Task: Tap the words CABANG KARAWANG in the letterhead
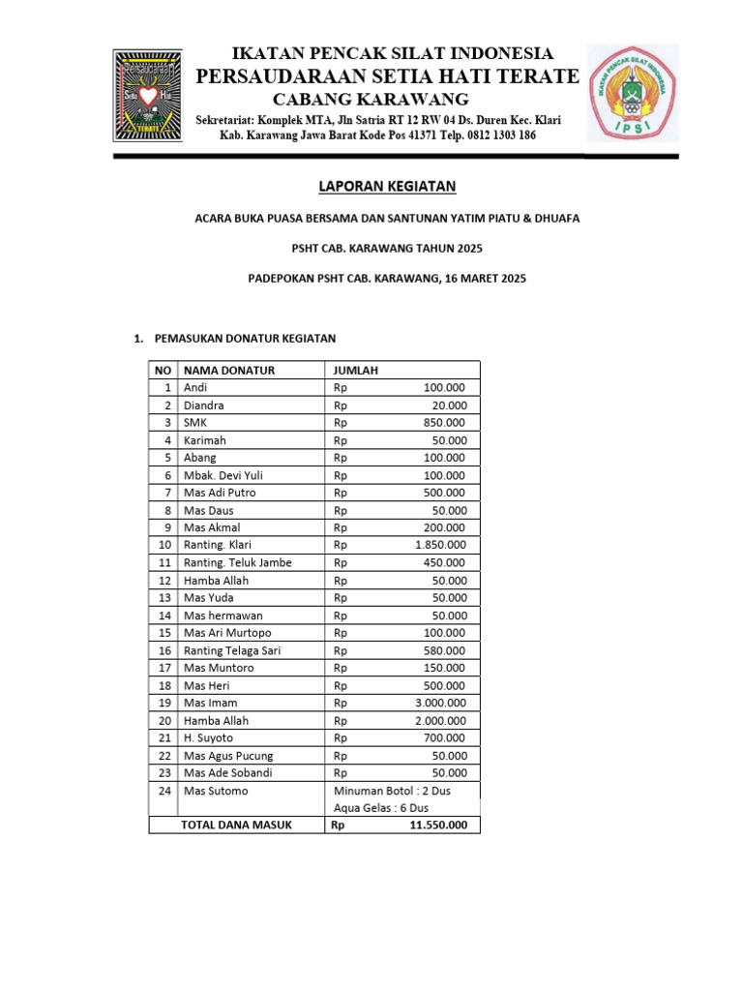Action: (371, 100)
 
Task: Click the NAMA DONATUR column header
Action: (229, 370)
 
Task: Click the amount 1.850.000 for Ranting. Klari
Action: (439, 545)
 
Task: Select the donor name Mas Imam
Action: (210, 703)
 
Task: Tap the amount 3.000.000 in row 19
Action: (439, 703)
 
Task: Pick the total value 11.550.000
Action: (438, 826)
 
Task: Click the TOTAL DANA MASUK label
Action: (236, 826)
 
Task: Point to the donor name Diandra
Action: (203, 405)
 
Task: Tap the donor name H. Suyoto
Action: (208, 737)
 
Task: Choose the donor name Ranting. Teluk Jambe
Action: (237, 562)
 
